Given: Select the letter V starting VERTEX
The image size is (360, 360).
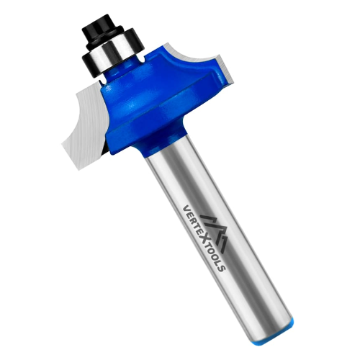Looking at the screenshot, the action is [x=186, y=208].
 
